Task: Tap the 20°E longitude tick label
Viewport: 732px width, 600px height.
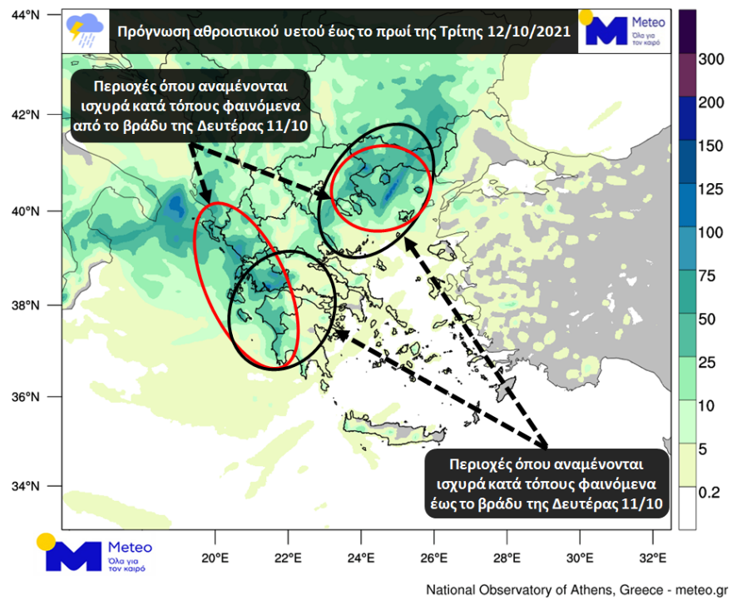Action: click(x=215, y=556)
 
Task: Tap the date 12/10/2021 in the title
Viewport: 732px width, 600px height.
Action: click(x=530, y=32)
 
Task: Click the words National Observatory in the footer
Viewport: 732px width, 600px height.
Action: click(x=497, y=590)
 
